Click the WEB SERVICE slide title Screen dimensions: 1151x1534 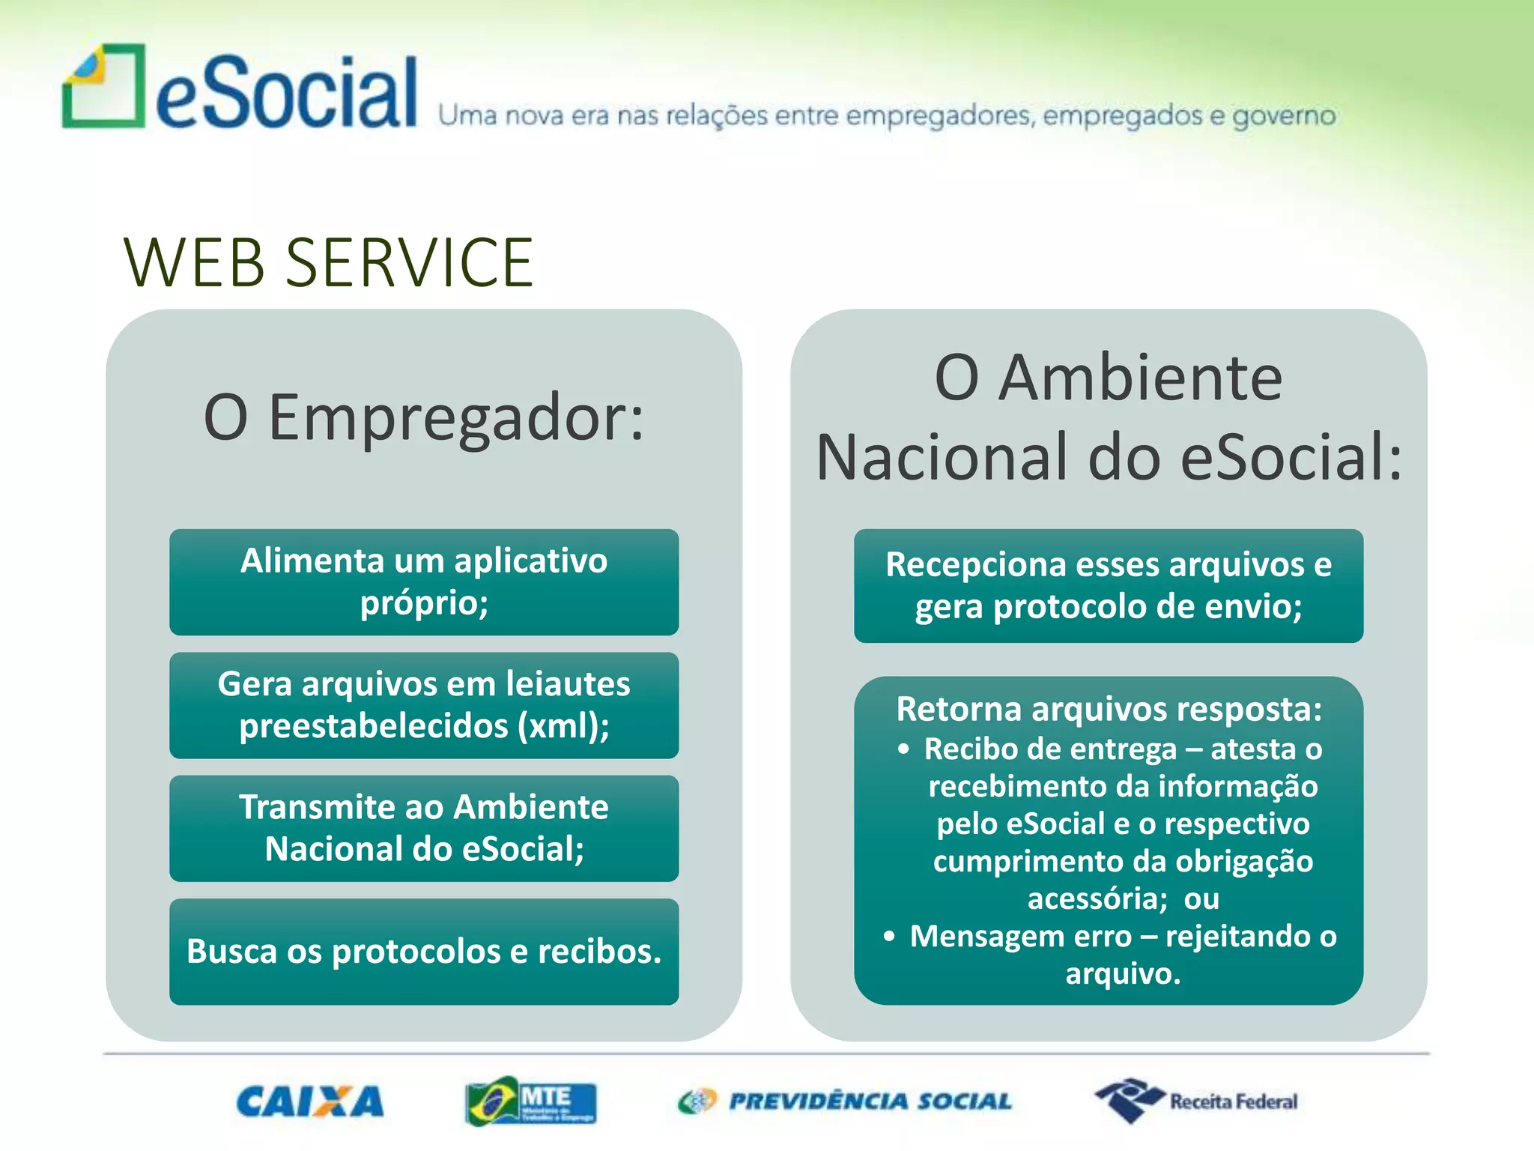[328, 262]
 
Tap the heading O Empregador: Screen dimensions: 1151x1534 [424, 417]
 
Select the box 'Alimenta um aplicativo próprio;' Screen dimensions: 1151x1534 [424, 582]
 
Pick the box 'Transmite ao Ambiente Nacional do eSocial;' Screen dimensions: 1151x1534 [424, 828]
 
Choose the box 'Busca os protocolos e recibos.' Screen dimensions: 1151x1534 [424, 951]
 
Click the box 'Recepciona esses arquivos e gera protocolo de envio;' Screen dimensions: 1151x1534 [1108, 585]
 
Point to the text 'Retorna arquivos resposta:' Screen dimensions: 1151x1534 [1109, 709]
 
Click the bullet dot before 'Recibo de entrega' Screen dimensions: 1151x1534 [904, 749]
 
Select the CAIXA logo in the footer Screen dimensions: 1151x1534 [309, 1102]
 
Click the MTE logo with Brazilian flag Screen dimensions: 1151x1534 [530, 1102]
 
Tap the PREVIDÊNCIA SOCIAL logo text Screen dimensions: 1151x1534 [869, 1102]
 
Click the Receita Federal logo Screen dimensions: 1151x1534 [1196, 1101]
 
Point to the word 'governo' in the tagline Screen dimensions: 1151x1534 [1284, 116]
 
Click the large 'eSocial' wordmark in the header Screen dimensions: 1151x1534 [286, 92]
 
